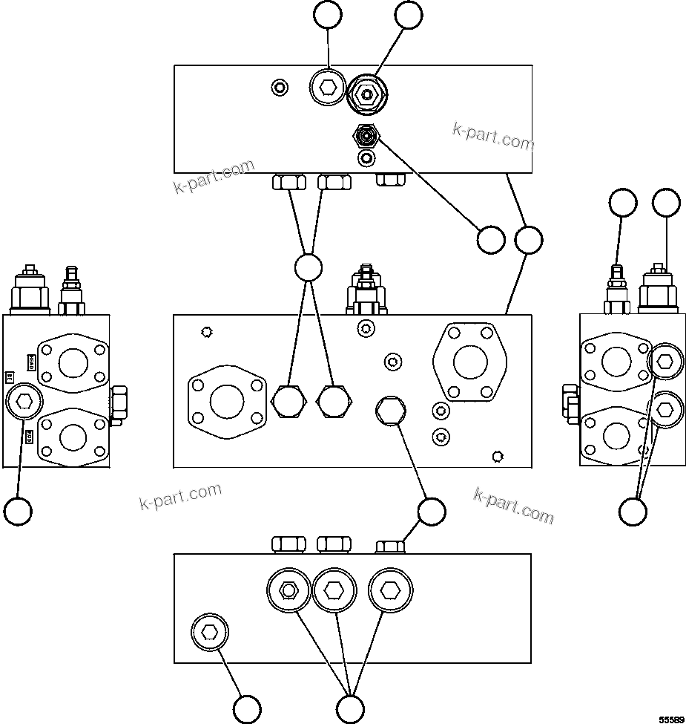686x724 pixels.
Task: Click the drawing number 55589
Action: pyautogui.click(x=672, y=719)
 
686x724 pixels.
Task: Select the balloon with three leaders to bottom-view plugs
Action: pyautogui.click(x=350, y=708)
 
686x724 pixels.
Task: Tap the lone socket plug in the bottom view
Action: pyautogui.click(x=210, y=633)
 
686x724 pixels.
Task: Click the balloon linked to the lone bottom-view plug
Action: pyautogui.click(x=247, y=708)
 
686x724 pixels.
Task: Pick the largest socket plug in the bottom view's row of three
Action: pyautogui.click(x=390, y=590)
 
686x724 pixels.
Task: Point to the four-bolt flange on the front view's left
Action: pyautogui.click(x=227, y=402)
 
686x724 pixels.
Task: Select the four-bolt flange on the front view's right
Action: pyautogui.click(x=470, y=362)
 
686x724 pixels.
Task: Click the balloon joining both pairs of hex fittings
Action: pyautogui.click(x=308, y=268)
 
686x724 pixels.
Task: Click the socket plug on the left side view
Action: pyautogui.click(x=24, y=402)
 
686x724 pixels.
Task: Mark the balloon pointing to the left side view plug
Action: pyautogui.click(x=18, y=511)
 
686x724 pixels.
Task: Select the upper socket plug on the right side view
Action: pyautogui.click(x=664, y=362)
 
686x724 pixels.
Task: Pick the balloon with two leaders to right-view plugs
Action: pyautogui.click(x=633, y=511)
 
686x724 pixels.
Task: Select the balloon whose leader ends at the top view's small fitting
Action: pyautogui.click(x=489, y=240)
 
